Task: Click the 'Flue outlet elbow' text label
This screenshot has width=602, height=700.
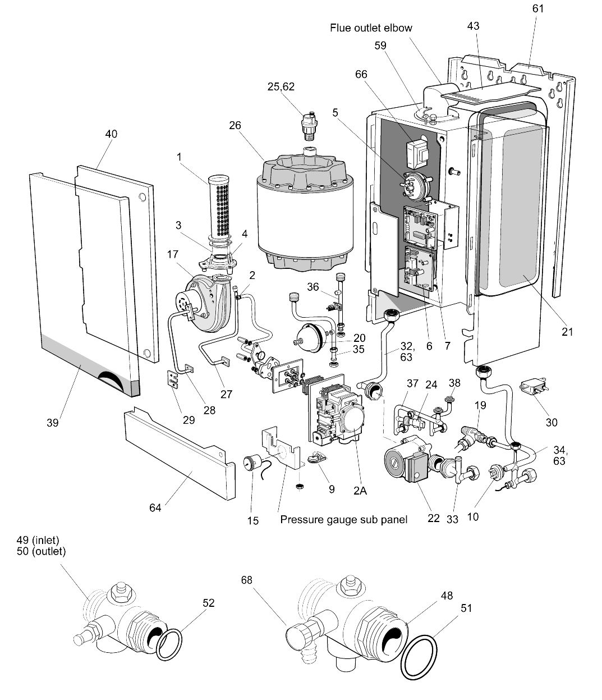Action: pyautogui.click(x=371, y=28)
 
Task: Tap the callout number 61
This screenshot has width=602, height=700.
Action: pyautogui.click(x=538, y=9)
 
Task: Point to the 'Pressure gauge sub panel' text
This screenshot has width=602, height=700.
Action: pyautogui.click(x=344, y=520)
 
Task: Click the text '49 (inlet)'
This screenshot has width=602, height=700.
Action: pyautogui.click(x=38, y=541)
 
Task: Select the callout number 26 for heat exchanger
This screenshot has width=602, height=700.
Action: pyautogui.click(x=235, y=125)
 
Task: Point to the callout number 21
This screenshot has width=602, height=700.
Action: pyautogui.click(x=567, y=332)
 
